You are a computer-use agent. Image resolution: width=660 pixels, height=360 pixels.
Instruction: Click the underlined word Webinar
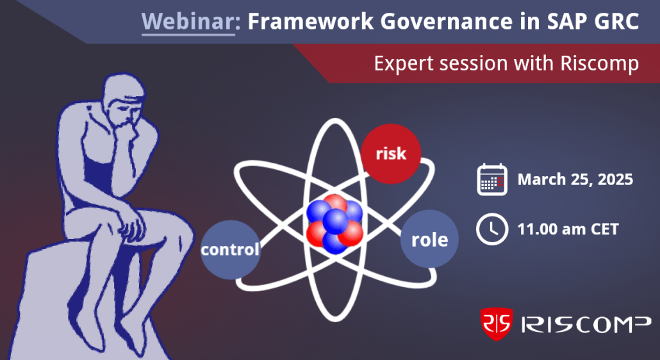coord(188,21)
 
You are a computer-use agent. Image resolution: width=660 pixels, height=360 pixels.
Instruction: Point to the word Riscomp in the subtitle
coord(599,63)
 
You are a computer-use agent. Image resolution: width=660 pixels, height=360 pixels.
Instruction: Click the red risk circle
coord(391,154)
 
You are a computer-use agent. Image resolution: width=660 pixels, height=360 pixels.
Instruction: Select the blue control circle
coord(230,250)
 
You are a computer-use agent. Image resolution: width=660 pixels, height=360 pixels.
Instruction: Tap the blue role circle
coord(429,240)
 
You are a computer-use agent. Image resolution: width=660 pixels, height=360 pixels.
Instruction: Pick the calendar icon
coord(492,179)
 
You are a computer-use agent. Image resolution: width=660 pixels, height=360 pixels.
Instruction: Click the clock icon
coord(492,229)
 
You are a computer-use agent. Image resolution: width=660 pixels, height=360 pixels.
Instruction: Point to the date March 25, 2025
coord(575,179)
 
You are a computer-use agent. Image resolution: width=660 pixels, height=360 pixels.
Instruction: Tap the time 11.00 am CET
coord(568,229)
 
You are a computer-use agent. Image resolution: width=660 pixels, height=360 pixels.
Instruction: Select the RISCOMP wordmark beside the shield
coord(586,324)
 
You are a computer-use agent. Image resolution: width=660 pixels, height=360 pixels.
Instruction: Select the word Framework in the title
coord(310,21)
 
